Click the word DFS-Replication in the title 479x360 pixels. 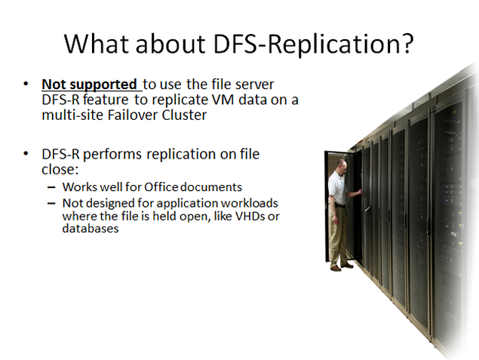308,45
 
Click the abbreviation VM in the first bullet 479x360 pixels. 226,100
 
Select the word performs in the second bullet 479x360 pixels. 112,154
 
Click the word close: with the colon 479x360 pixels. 60,169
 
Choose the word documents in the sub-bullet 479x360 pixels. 211,187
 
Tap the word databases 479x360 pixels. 91,228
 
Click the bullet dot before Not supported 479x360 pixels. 26,84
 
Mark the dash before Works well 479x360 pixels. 51,187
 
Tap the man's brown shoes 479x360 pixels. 342,267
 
